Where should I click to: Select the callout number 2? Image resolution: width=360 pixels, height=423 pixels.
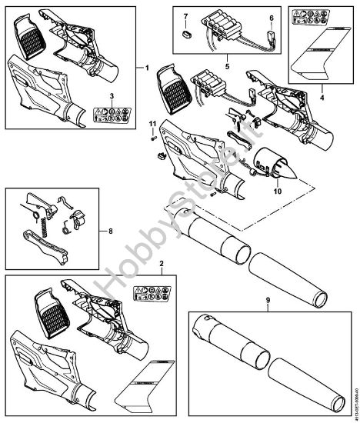coord(162,264)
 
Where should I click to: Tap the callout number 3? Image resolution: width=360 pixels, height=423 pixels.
coord(112,95)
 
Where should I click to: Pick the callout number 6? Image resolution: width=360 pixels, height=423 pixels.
coord(270,17)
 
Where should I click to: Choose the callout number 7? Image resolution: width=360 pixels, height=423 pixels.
coord(185,15)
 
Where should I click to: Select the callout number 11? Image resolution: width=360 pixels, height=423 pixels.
coord(152,125)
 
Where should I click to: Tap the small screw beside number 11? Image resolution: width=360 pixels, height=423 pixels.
coord(154,138)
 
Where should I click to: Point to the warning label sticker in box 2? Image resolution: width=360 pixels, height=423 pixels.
coord(151,294)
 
